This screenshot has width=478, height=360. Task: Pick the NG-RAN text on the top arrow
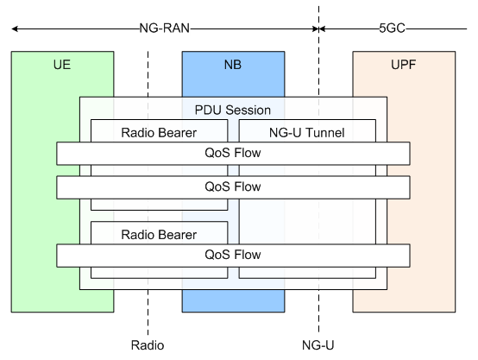pyautogui.click(x=165, y=28)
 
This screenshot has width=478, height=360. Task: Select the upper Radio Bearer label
pyautogui.click(x=159, y=132)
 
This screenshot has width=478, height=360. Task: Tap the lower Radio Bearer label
pyautogui.click(x=159, y=234)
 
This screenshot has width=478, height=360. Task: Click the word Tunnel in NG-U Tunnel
pyautogui.click(x=325, y=132)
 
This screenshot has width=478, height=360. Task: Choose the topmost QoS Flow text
pyautogui.click(x=233, y=154)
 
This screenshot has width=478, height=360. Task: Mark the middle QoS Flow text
pyautogui.click(x=233, y=186)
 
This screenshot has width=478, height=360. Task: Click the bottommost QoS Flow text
pyautogui.click(x=233, y=255)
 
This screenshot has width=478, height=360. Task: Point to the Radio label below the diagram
pyautogui.click(x=148, y=345)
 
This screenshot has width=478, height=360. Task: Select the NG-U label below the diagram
pyautogui.click(x=318, y=345)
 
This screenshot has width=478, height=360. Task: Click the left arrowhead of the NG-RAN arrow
pyautogui.click(x=15, y=28)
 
